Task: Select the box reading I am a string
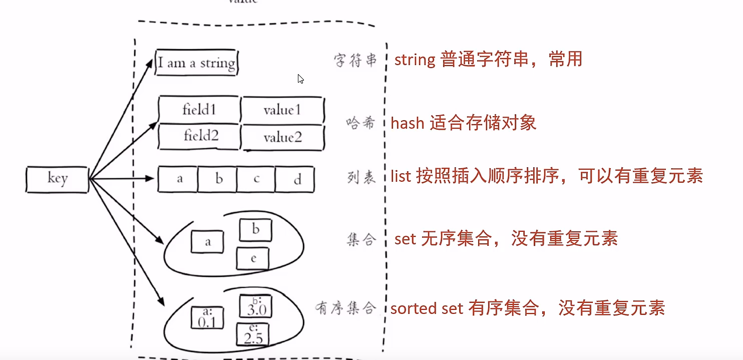click(196, 63)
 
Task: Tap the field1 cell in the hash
click(199, 109)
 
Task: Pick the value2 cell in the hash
click(282, 137)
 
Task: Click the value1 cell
click(282, 110)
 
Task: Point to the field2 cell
click(200, 136)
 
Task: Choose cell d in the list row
click(296, 179)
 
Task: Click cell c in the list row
click(256, 179)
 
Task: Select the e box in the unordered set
click(253, 259)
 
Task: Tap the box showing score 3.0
click(256, 306)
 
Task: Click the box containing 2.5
click(253, 334)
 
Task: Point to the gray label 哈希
click(360, 123)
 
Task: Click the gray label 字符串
click(355, 61)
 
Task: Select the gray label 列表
click(361, 178)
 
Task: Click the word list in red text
click(401, 176)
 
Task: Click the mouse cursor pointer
click(300, 79)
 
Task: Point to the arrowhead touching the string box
click(150, 62)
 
